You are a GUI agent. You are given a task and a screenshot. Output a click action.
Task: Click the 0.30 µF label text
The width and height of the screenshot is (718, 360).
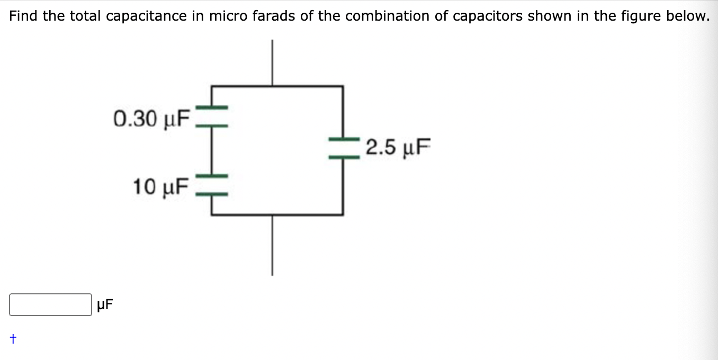(x=151, y=118)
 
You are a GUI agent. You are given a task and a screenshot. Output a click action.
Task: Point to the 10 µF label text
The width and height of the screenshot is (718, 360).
(x=160, y=186)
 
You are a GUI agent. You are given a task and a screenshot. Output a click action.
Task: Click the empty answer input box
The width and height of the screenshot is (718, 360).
(x=50, y=305)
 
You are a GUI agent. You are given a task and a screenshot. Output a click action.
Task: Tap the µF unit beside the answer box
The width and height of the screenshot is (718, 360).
(x=105, y=305)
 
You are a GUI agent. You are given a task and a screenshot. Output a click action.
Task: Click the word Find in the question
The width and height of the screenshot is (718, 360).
(x=24, y=16)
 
